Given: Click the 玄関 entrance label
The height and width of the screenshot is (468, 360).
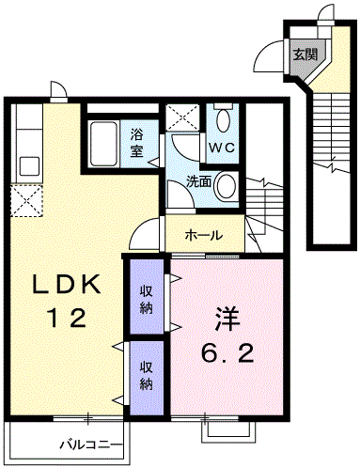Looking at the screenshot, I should pyautogui.click(x=304, y=54).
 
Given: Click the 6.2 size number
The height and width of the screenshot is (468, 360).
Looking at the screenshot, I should pyautogui.click(x=226, y=355).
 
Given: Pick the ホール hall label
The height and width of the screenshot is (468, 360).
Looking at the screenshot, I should pyautogui.click(x=203, y=236).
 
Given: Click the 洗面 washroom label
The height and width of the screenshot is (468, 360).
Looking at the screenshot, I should pyautogui.click(x=197, y=180).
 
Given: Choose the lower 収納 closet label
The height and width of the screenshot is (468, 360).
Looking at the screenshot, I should pyautogui.click(x=148, y=374).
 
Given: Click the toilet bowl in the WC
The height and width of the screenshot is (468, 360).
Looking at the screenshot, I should pyautogui.click(x=223, y=121).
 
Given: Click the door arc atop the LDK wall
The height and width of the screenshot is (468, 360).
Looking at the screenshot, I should pyautogui.click(x=57, y=90).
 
